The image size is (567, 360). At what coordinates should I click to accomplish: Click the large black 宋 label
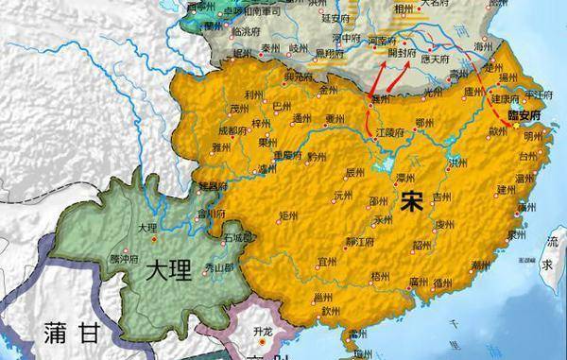(412, 201)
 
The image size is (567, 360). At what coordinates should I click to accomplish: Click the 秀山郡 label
(219, 268)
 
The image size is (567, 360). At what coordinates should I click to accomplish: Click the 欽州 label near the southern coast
(329, 310)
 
